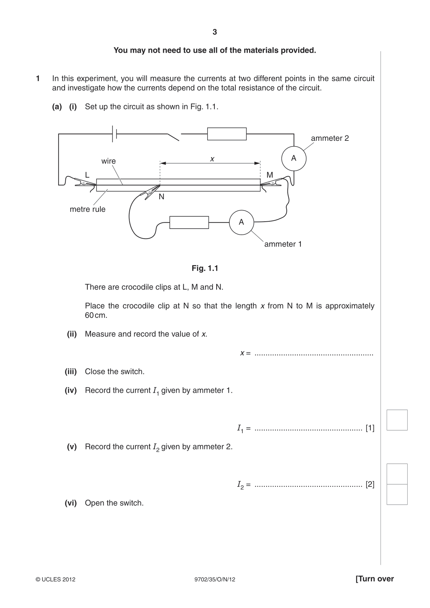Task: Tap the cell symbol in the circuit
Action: [x=114, y=134]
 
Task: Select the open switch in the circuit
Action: [x=174, y=137]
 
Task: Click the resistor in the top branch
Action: [x=227, y=134]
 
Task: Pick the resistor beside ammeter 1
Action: [x=189, y=222]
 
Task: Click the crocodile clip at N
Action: [x=150, y=192]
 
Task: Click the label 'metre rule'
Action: [x=87, y=209]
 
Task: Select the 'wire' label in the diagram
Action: [x=108, y=161]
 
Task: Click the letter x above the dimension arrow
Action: [x=212, y=159]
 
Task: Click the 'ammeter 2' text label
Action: [x=330, y=138]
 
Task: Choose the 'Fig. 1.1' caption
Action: [x=205, y=268]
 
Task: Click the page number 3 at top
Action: [x=214, y=32]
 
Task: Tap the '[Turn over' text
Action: [x=375, y=579]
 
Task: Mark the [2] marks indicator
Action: [x=370, y=484]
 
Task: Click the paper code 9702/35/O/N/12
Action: [x=215, y=579]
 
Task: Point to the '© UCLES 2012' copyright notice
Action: [x=55, y=579]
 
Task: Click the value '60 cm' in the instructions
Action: [x=96, y=316]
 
